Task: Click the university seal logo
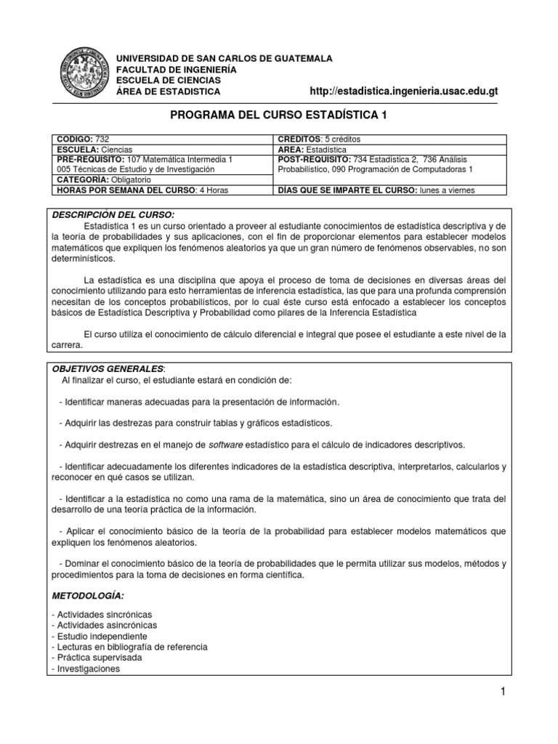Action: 81,75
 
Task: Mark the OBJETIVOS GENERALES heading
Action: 110,369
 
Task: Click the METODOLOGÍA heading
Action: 88,596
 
